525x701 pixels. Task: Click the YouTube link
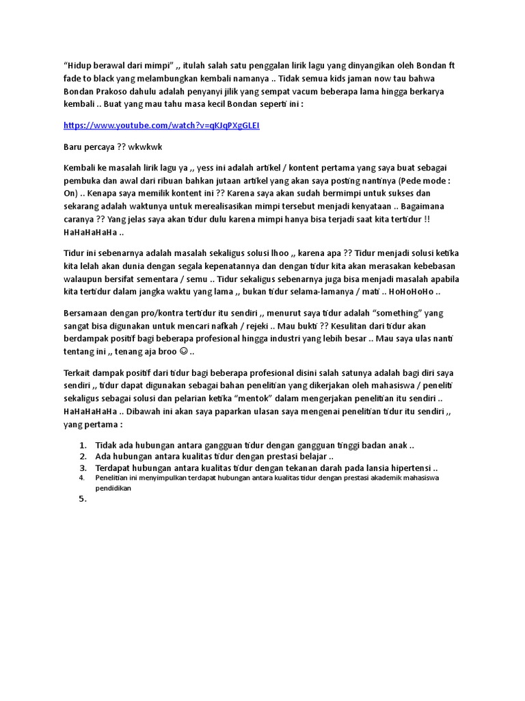(161, 125)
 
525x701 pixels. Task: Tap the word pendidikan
(113, 489)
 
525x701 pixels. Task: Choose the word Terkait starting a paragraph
(80, 373)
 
